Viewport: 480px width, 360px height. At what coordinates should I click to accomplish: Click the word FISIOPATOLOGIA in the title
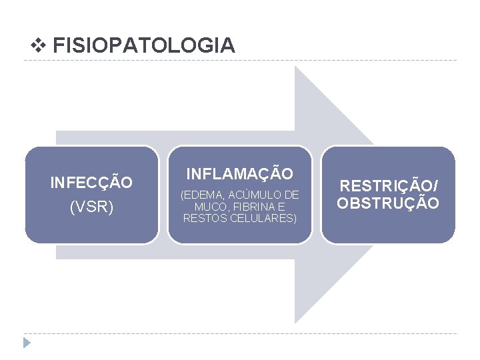[x=143, y=45]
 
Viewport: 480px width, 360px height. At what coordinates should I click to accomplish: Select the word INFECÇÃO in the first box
[x=91, y=182]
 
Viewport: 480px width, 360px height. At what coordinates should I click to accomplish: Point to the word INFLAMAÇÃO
[x=239, y=174]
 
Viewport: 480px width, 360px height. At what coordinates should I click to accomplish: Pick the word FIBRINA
[x=248, y=207]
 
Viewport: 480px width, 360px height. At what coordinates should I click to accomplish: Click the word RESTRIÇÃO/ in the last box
[x=388, y=187]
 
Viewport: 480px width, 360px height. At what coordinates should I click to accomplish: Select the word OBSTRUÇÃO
[x=388, y=203]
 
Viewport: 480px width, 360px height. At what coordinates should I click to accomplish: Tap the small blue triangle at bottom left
[x=27, y=343]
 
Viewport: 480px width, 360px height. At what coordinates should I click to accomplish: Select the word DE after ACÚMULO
[x=291, y=195]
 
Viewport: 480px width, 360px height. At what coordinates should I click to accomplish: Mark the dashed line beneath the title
[x=240, y=61]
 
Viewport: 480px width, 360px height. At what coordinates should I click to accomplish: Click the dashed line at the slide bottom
[x=240, y=333]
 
